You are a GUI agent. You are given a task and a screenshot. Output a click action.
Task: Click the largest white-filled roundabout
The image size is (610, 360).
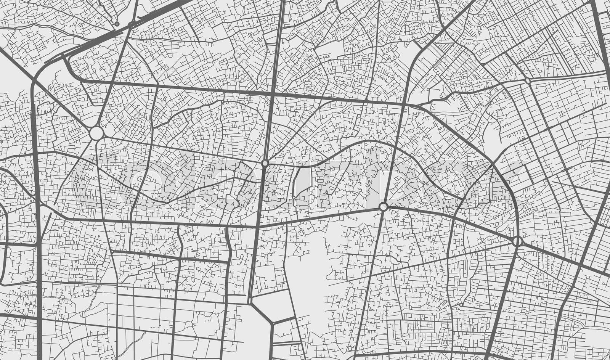coord(96,133)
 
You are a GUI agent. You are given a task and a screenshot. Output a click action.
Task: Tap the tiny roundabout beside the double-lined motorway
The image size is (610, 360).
coord(117,24)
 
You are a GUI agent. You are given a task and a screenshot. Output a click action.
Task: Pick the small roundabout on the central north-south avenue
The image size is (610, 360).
coord(265,163)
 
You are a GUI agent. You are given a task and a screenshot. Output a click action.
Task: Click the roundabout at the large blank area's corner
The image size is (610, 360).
coord(383,207)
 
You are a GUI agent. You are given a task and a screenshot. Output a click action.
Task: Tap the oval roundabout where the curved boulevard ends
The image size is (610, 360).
coord(517,241)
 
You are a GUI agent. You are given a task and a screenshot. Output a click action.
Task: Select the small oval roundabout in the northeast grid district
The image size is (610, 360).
coord(527,81)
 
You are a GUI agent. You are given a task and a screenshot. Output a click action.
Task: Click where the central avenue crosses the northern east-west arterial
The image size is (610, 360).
coord(271,93)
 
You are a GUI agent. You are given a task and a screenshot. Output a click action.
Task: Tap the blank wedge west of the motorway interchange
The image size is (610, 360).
coord(13,76)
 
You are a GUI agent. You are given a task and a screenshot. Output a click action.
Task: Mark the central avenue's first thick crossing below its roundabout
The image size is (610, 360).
coord(257,227)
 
